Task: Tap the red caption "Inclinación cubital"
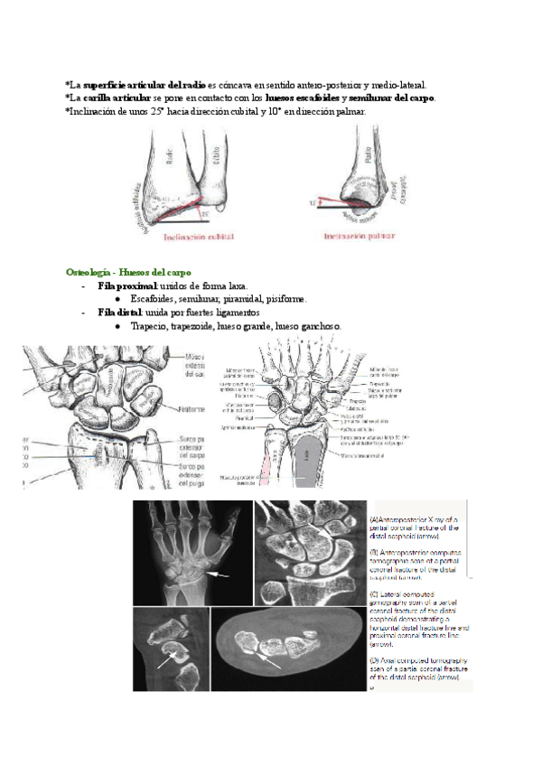[198, 237]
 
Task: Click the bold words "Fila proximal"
[126, 285]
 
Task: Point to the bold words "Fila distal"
[120, 312]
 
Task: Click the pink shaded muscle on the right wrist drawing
[268, 456]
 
